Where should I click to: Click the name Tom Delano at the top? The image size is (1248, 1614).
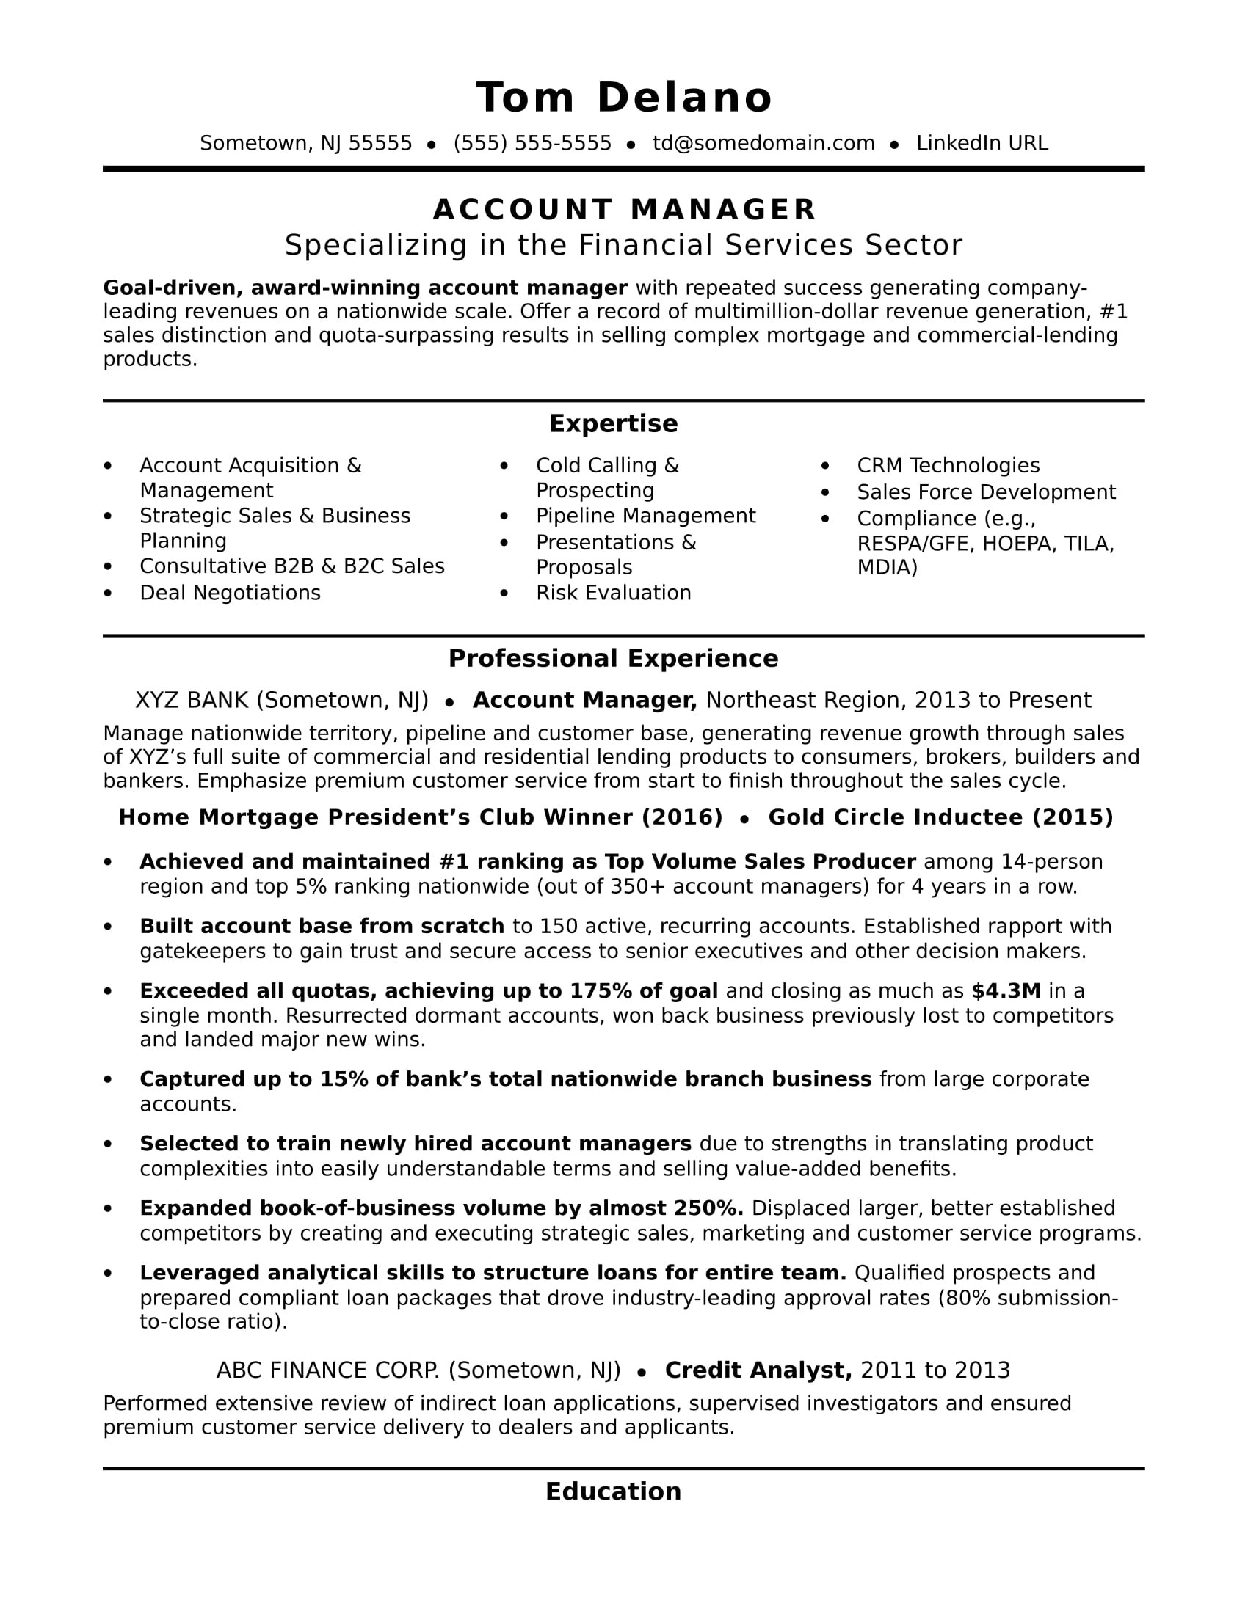click(623, 98)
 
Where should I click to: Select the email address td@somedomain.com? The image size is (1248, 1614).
click(763, 143)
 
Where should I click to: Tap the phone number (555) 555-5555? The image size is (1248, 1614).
click(532, 143)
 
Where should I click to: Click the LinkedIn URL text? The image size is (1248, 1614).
click(981, 143)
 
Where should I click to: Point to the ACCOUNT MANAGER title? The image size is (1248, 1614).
click(623, 210)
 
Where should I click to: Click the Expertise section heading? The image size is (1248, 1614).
click(613, 423)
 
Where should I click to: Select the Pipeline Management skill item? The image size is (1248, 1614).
click(645, 516)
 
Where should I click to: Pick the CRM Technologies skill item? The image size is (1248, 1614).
click(947, 466)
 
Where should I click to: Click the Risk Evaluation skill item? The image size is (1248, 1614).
click(613, 593)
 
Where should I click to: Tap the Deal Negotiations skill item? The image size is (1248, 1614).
click(230, 593)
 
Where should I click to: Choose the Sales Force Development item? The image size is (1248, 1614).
click(985, 492)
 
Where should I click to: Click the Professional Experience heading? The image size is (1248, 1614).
click(613, 659)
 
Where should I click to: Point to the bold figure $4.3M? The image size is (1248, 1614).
click(1006, 991)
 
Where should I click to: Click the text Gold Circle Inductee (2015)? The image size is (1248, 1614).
click(940, 817)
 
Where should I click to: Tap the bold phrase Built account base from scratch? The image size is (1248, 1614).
click(322, 927)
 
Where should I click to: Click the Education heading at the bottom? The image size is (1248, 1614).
click(613, 1491)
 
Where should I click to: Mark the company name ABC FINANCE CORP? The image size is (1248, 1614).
click(327, 1370)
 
